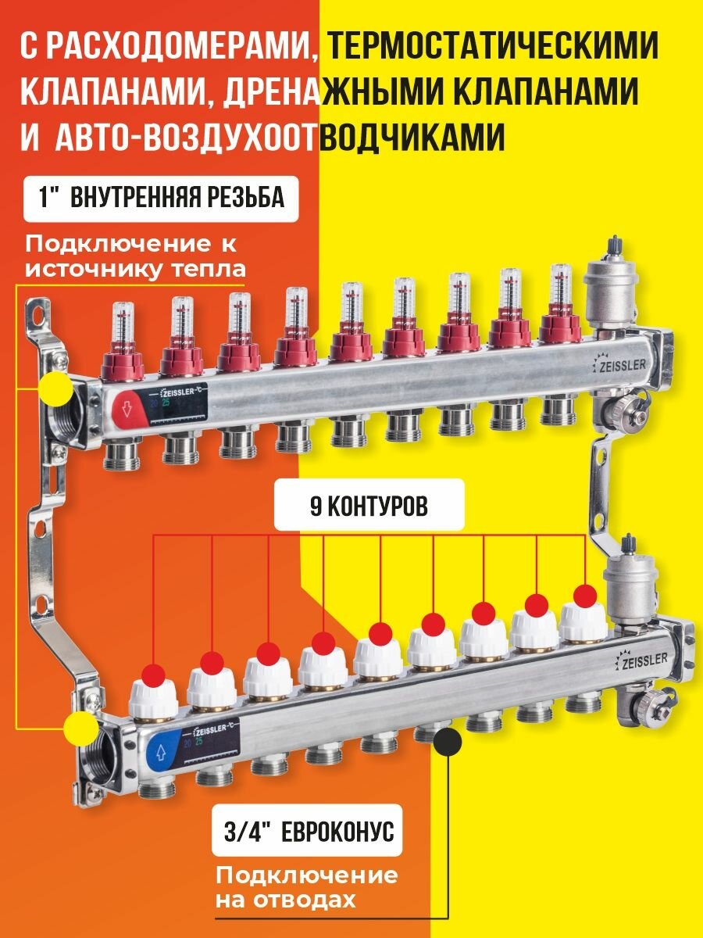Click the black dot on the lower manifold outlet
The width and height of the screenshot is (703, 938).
point(448,737)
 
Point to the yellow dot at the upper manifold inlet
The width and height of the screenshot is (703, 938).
point(55,388)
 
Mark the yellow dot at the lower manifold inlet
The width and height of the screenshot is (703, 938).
point(81,727)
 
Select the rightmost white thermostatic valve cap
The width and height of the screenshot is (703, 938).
point(583,621)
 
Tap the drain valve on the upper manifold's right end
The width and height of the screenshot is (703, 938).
point(626,408)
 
